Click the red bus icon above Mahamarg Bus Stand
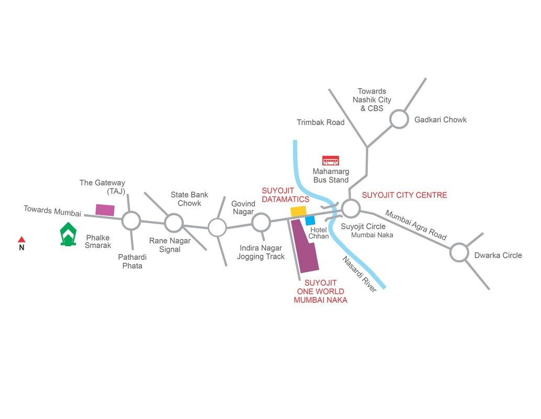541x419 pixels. [x=331, y=161]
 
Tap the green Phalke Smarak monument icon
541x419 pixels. [x=68, y=234]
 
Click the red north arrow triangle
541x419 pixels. [x=21, y=239]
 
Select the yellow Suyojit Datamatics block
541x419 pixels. [x=298, y=212]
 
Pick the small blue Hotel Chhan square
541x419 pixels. [x=310, y=220]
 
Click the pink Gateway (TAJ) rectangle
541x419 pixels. [x=105, y=210]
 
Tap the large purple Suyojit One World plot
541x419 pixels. [x=305, y=246]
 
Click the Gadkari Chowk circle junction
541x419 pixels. [x=399, y=119]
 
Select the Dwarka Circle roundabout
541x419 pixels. [x=459, y=252]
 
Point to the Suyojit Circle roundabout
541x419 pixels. [x=351, y=208]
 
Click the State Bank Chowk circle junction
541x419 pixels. [x=174, y=223]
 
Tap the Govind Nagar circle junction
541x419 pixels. [x=261, y=222]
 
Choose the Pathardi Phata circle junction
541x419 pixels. [x=131, y=220]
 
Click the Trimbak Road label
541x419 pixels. [x=321, y=122]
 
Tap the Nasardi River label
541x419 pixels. [x=359, y=274]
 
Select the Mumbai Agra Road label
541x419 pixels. [x=416, y=225]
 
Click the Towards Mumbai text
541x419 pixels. [x=52, y=211]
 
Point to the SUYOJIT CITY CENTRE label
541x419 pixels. [x=404, y=195]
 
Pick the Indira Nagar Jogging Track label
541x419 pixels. [x=261, y=252]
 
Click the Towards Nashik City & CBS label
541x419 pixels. [x=372, y=100]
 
